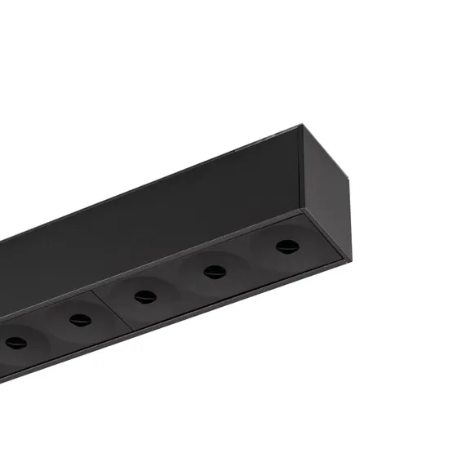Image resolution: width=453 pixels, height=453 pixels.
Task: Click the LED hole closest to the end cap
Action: [x=286, y=246]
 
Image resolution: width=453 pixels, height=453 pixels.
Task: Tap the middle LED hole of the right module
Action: [x=215, y=271]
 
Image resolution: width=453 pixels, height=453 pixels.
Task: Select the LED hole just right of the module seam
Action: [x=145, y=295]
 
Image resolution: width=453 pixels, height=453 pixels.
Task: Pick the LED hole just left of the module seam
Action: [x=80, y=319]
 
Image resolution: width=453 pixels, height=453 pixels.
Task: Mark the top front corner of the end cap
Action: [x=301, y=129]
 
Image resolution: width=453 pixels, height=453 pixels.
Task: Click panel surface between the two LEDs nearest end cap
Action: [x=250, y=259]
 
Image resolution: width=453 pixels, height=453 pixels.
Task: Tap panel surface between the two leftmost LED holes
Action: [x=47, y=331]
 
